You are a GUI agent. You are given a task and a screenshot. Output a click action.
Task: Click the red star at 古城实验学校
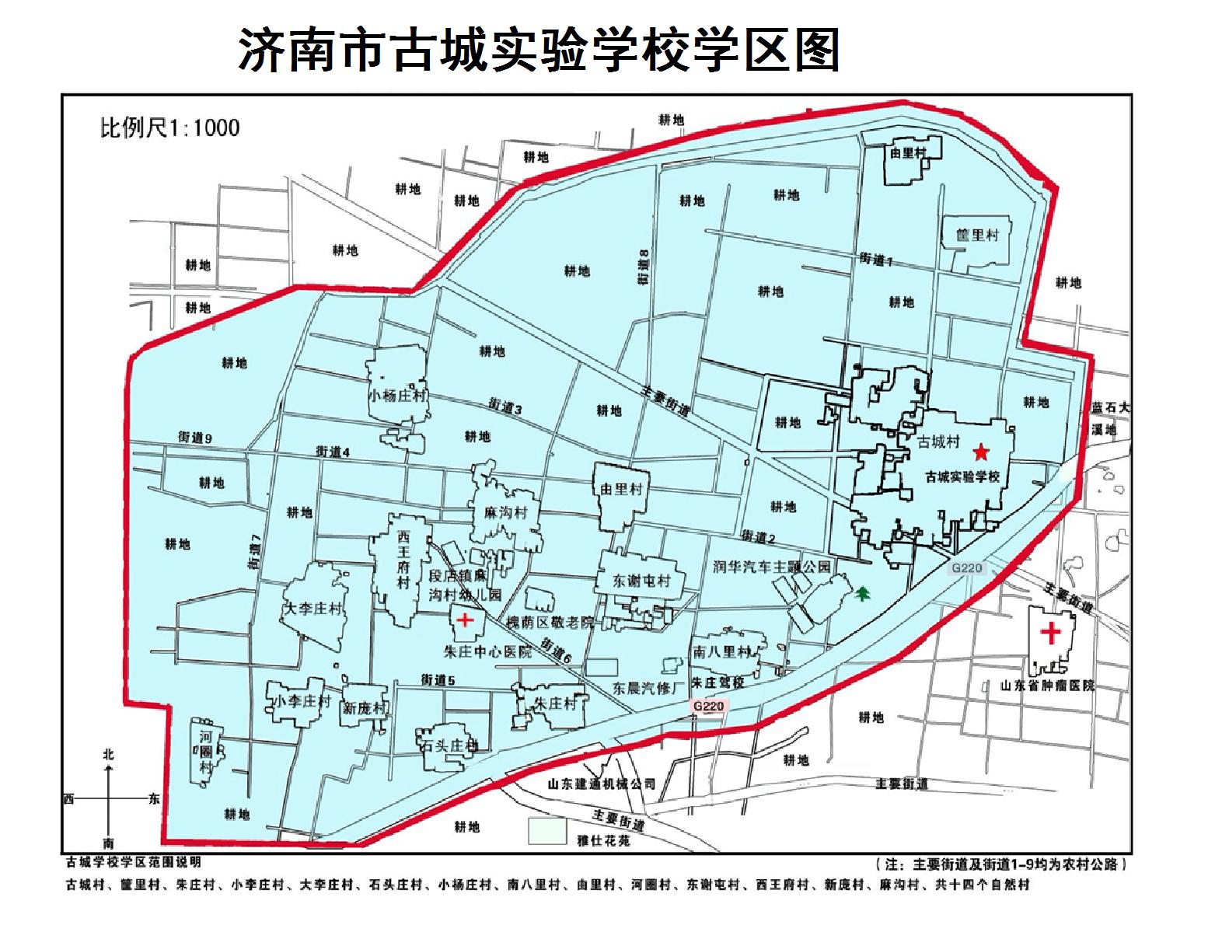click(x=981, y=451)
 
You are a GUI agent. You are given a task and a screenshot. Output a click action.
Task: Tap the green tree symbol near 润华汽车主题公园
click(x=861, y=595)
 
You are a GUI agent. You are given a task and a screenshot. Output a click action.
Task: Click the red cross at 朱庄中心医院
click(x=464, y=620)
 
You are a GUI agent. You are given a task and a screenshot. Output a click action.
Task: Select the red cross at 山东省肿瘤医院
click(x=1050, y=632)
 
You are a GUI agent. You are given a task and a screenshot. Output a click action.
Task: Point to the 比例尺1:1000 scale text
click(x=169, y=127)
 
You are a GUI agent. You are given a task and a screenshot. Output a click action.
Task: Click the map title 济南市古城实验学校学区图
click(x=538, y=51)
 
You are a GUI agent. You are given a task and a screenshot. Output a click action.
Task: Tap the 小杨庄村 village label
click(x=397, y=395)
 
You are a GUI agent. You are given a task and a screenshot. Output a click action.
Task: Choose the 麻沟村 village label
click(x=500, y=513)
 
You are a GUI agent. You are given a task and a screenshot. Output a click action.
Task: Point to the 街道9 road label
click(x=195, y=438)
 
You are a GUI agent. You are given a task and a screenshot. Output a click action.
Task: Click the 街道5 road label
click(x=438, y=679)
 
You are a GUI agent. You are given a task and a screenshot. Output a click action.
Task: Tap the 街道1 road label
click(x=876, y=260)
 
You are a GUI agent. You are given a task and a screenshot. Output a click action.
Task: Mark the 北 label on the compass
click(x=109, y=754)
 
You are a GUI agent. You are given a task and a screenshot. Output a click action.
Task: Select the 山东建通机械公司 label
click(x=601, y=784)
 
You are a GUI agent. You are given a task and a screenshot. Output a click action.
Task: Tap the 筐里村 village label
click(x=976, y=235)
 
